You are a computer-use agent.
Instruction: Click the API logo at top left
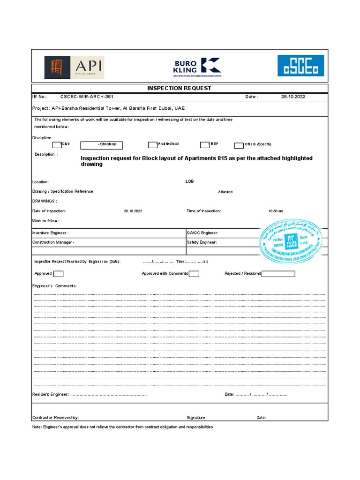pyautogui.click(x=74, y=67)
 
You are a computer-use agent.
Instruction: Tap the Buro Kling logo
pyautogui.click(x=197, y=67)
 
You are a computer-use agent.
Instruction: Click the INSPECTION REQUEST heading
pyautogui.click(x=180, y=88)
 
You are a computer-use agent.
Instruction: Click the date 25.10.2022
pyautogui.click(x=293, y=97)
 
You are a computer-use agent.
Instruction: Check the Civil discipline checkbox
pyautogui.click(x=56, y=145)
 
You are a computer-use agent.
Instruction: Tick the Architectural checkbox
pyautogui.click(x=152, y=145)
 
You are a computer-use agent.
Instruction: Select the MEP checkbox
pyautogui.click(x=204, y=145)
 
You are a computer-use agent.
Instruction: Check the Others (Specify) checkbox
pyautogui.click(x=239, y=145)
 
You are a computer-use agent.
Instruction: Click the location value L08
pyautogui.click(x=189, y=181)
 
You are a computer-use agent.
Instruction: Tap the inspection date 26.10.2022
pyautogui.click(x=133, y=211)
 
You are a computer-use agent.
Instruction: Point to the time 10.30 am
pyautogui.click(x=276, y=211)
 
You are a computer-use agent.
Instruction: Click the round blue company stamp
pyautogui.click(x=291, y=240)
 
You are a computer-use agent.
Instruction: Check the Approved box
pyautogui.click(x=59, y=274)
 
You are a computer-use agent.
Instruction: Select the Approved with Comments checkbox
pyautogui.click(x=194, y=274)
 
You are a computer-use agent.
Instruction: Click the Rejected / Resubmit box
pyautogui.click(x=278, y=274)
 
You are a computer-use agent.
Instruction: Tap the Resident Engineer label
pyautogui.click(x=51, y=395)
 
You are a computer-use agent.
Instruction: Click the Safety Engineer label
pyautogui.click(x=202, y=242)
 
